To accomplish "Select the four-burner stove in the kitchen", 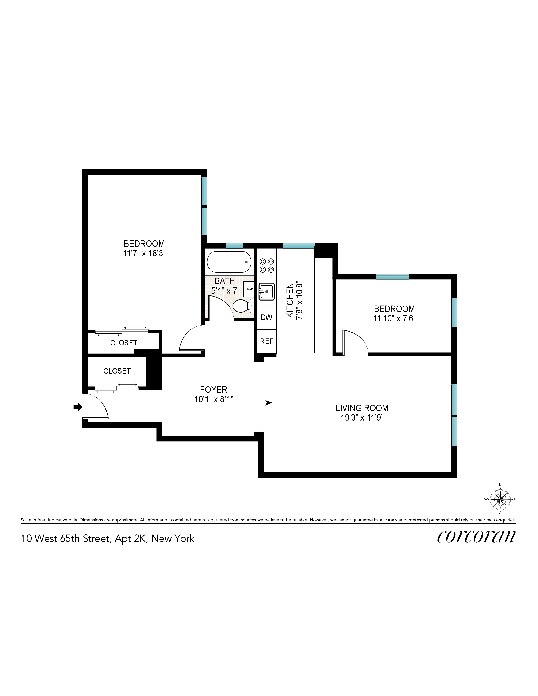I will [267, 266].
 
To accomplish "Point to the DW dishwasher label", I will [266, 317].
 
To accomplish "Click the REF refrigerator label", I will [266, 341].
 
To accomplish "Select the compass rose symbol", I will [500, 500].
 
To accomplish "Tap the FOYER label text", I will [214, 389].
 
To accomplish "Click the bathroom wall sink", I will [249, 289].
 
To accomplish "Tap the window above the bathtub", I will [234, 246].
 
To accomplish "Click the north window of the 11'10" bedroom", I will [392, 277].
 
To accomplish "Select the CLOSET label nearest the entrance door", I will [117, 371].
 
